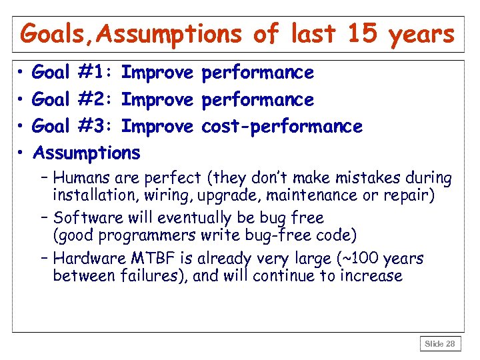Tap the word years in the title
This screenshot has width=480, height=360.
[421, 35]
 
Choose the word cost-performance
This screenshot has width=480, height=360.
[281, 126]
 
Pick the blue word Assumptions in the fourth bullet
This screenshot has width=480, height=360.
[87, 153]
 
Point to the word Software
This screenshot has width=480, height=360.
[85, 218]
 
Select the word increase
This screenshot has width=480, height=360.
[372, 275]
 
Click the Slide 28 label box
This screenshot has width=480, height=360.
[440, 344]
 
